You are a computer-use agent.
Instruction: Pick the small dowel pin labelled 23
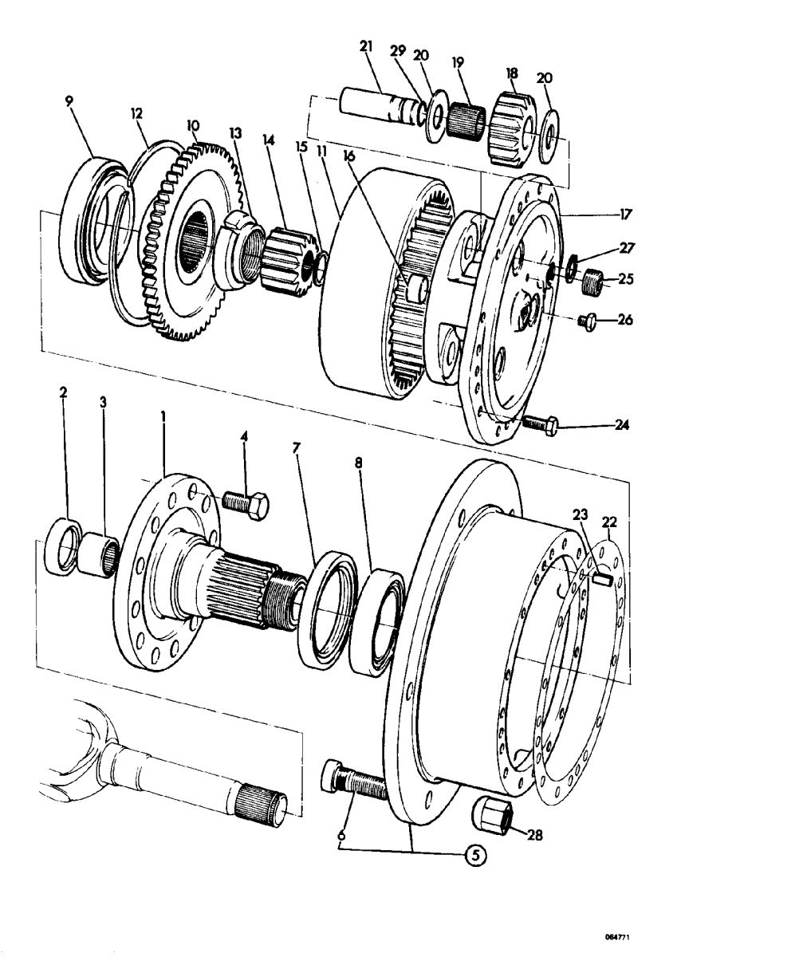click(602, 580)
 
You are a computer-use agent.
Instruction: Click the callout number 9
click(69, 100)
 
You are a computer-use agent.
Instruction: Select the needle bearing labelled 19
click(466, 120)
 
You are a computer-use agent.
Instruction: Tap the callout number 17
click(625, 214)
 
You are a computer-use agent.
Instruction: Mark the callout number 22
click(610, 522)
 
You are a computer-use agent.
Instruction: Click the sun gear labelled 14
click(291, 260)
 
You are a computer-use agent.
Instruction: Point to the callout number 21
click(366, 46)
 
